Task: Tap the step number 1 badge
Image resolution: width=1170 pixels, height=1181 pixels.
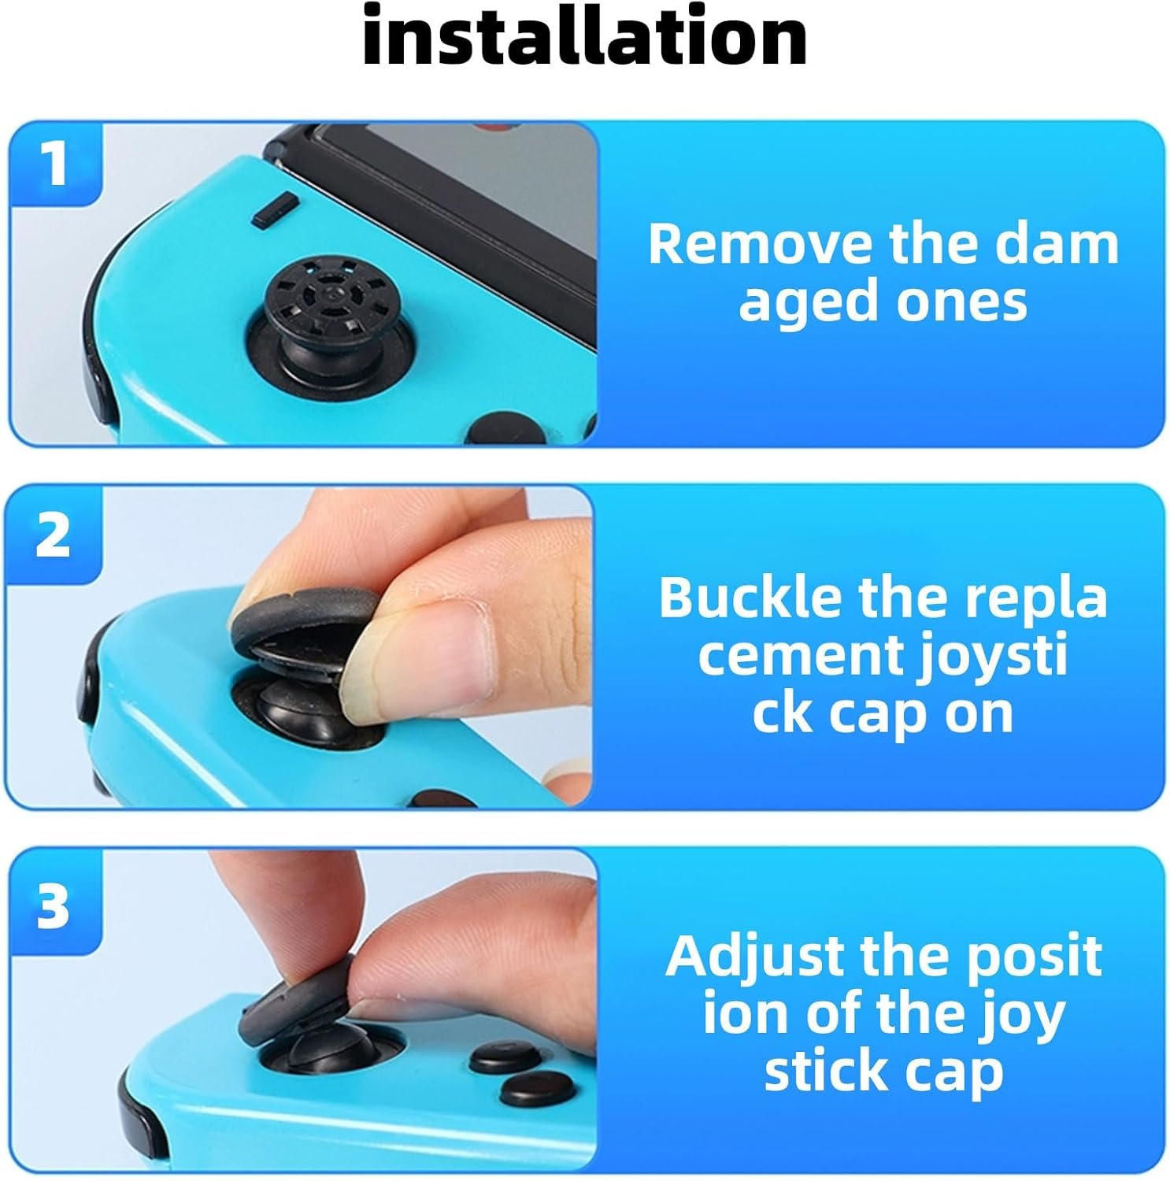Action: [54, 165]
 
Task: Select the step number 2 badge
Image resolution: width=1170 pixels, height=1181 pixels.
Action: [53, 535]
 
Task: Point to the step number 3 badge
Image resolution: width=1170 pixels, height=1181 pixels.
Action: [53, 905]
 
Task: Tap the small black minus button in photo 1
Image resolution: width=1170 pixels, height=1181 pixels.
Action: [275, 210]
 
